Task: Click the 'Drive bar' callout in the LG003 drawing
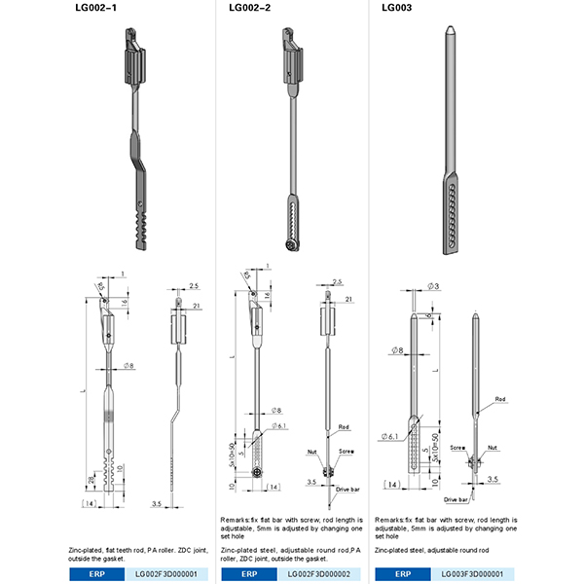click(456, 499)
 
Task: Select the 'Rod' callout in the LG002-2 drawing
click(344, 427)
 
